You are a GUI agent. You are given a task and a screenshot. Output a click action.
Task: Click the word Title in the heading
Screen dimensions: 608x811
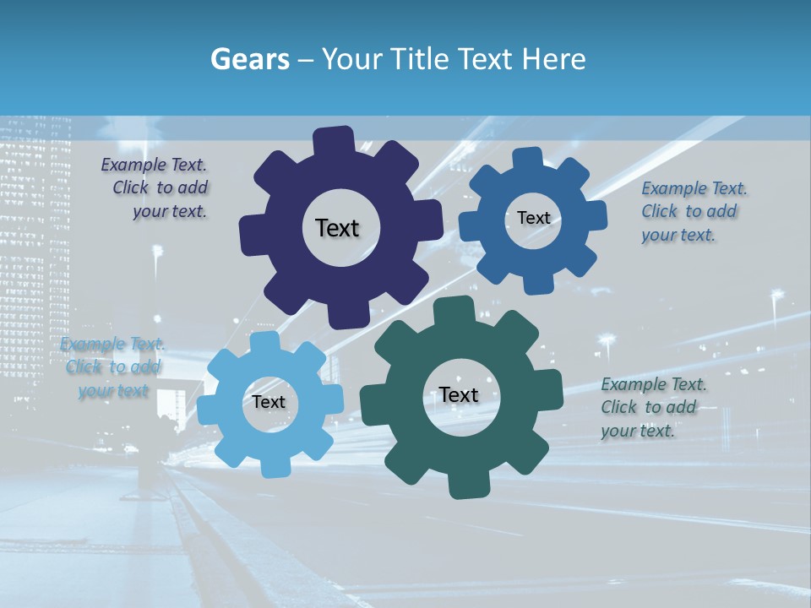(418, 59)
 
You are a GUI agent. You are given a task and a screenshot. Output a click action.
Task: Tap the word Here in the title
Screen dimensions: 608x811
(554, 59)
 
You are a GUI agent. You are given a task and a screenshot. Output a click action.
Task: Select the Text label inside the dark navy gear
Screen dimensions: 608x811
(338, 228)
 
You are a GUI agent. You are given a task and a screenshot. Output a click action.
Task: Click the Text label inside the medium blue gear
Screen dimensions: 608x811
(533, 218)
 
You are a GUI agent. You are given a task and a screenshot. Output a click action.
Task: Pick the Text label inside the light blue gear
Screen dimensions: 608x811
(269, 402)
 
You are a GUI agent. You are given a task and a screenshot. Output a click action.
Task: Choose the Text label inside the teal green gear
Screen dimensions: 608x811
(459, 394)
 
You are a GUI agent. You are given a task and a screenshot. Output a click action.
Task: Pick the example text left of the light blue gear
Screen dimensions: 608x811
(113, 367)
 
